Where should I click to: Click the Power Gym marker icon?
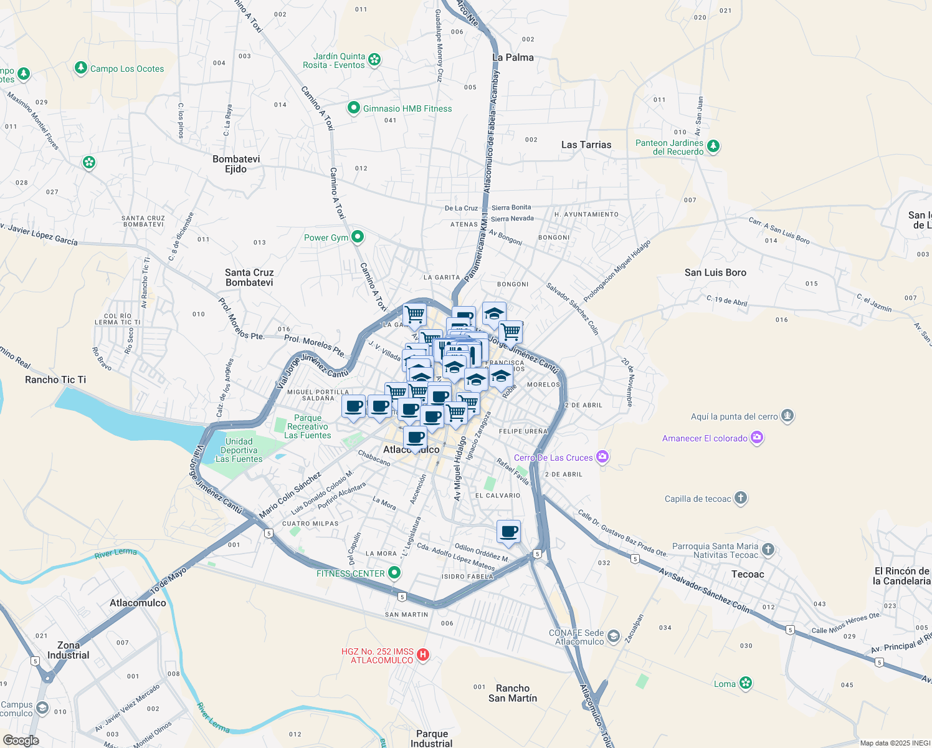click(358, 237)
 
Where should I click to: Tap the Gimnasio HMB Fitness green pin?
click(354, 108)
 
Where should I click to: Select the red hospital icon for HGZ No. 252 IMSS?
click(422, 654)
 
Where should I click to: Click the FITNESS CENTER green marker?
click(394, 573)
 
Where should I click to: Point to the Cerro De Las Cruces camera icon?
click(602, 457)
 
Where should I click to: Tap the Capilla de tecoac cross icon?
click(740, 498)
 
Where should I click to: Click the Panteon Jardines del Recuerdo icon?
click(713, 146)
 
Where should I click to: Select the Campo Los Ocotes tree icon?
click(80, 67)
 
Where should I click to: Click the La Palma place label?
click(513, 57)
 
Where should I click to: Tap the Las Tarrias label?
click(586, 145)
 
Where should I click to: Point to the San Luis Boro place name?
click(715, 272)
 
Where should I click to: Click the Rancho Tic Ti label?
click(55, 380)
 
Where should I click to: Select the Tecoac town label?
click(748, 574)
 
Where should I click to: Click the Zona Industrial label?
click(69, 650)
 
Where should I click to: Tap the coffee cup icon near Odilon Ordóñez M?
click(508, 532)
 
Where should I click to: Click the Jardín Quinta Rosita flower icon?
click(374, 60)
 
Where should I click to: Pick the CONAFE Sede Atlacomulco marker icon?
click(614, 636)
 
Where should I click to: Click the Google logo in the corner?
click(21, 740)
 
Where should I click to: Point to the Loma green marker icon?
click(746, 683)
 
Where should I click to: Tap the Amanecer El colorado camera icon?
click(757, 438)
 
